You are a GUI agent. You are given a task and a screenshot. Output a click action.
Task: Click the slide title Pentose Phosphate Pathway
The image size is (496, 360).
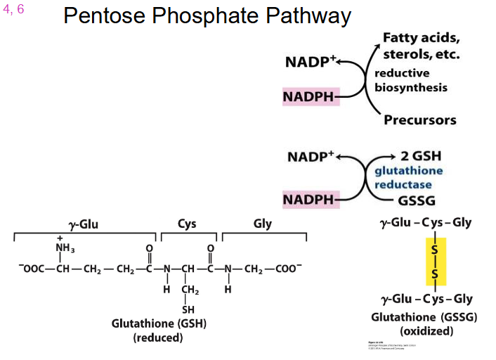pos(207,16)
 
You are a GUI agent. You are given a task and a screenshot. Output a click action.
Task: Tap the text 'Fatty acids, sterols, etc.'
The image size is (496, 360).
pos(421,46)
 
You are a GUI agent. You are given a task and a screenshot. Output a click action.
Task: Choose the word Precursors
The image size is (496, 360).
pos(419,120)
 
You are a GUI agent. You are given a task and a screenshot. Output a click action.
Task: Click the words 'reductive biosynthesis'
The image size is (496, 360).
pos(410,80)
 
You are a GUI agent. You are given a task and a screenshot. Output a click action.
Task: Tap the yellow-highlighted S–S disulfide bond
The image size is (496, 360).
pos(436,261)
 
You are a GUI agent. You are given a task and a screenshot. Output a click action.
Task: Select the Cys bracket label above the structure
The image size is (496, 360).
pos(187,224)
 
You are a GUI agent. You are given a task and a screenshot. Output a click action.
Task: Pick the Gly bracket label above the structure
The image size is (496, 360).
pos(262,224)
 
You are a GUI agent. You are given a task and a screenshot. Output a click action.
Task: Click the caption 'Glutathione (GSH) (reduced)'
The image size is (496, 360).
pos(158,330)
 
